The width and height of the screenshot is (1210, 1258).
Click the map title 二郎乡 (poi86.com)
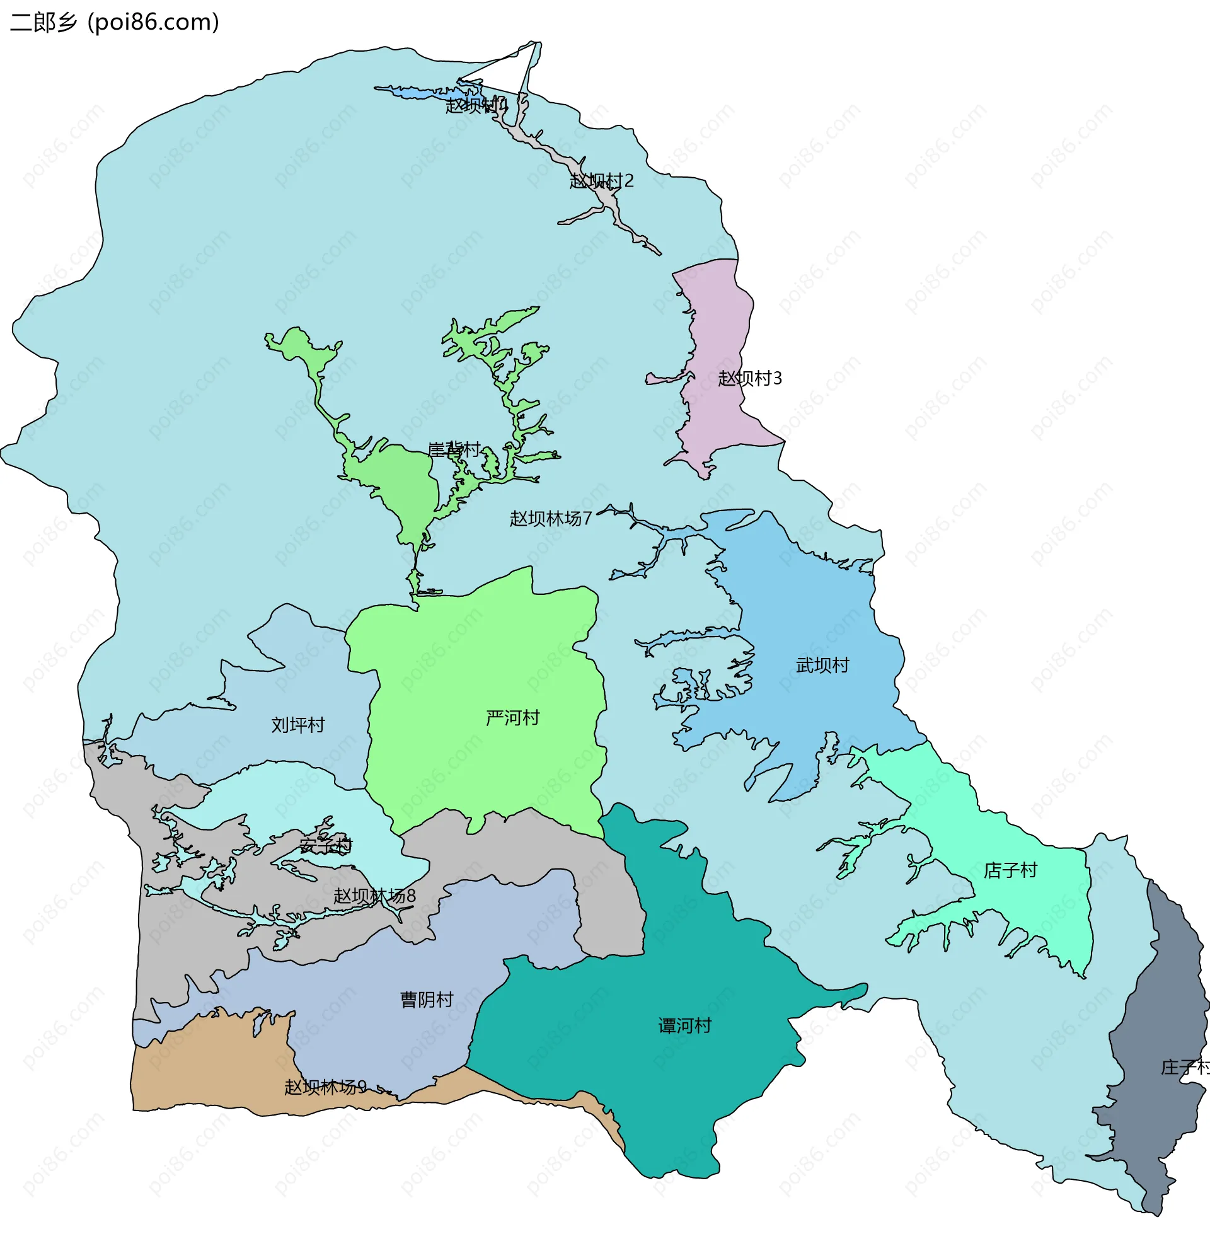click(114, 23)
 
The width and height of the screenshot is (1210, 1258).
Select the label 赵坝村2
click(601, 181)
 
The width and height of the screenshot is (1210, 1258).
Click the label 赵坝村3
click(750, 379)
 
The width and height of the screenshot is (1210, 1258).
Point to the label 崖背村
click(454, 449)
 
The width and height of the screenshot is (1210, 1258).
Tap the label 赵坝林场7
click(550, 519)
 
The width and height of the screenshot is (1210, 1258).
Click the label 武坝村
click(822, 666)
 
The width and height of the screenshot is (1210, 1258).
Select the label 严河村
click(512, 718)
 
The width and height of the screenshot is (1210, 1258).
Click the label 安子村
click(326, 846)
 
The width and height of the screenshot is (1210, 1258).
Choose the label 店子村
click(1010, 871)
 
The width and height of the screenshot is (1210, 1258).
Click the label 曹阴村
click(426, 1000)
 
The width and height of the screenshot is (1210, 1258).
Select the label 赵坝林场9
click(325, 1087)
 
